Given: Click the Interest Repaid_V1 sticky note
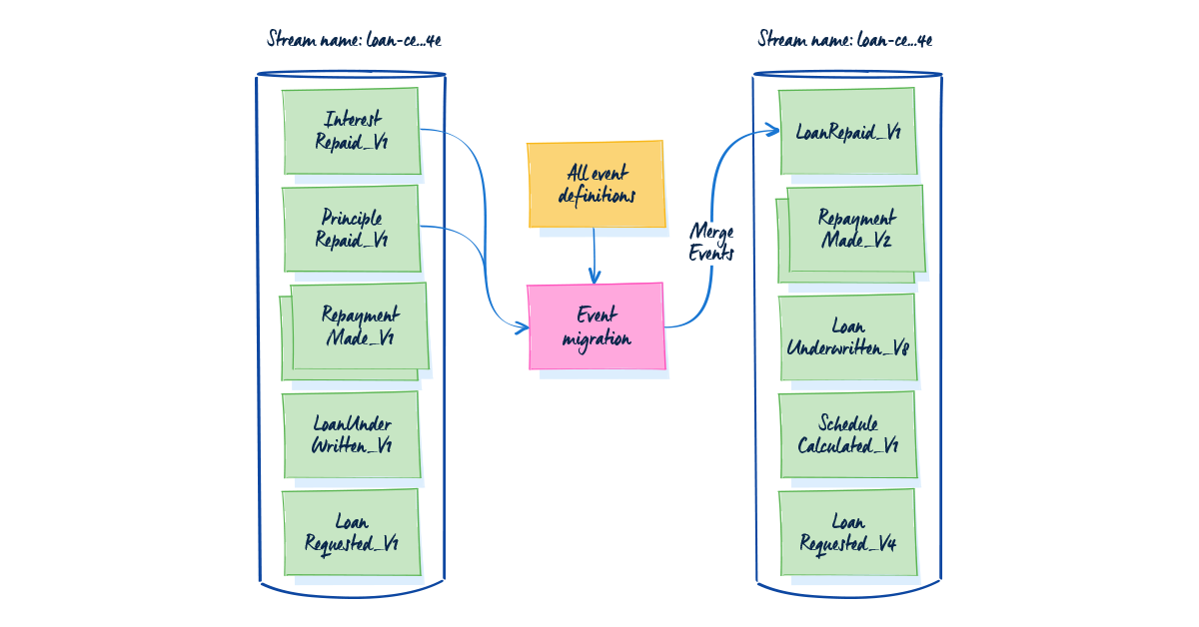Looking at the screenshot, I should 351,131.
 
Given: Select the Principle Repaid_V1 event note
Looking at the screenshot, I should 351,229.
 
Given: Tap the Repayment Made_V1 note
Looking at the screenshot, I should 359,326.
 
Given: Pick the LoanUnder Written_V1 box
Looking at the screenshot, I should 351,435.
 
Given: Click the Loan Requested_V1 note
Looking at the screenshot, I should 351,532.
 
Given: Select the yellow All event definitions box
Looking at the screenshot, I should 596,185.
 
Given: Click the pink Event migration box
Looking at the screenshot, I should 596,326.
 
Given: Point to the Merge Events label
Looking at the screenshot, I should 712,243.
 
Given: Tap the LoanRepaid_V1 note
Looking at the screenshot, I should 847,131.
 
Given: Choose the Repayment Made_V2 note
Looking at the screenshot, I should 855,229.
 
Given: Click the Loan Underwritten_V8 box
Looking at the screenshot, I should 847,337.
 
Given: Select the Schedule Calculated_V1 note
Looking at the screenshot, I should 847,434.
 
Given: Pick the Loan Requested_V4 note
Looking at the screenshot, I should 847,532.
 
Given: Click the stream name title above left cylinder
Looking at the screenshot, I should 354,40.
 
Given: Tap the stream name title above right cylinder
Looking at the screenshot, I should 845,40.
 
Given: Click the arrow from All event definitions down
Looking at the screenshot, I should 595,255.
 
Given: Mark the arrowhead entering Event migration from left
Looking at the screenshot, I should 521,327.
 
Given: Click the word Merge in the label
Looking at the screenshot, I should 712,233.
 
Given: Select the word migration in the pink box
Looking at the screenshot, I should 597,338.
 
